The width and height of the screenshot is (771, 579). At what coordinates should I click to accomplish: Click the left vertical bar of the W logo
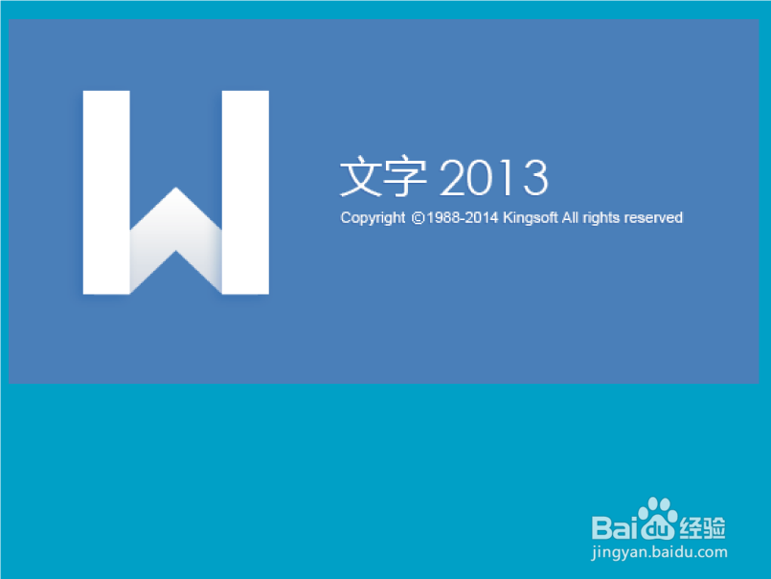point(106,191)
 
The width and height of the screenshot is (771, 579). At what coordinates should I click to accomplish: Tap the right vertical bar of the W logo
point(245,191)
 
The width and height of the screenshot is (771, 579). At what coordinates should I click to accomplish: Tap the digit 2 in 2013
point(454,178)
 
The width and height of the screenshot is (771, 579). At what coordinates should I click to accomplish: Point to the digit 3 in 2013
point(533,178)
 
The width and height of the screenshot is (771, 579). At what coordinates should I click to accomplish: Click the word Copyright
point(373,218)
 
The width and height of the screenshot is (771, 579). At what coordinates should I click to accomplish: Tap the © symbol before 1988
point(417,218)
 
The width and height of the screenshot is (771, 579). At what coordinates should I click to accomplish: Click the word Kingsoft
point(530,218)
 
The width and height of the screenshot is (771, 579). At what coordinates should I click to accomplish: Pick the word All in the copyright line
point(571,218)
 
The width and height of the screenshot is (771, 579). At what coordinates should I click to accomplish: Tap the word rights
point(601,218)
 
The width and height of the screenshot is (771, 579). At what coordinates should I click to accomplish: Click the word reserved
point(653,218)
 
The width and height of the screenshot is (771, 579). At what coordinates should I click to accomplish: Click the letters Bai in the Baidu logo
point(615,525)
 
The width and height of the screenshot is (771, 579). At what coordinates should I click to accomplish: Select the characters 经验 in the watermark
point(703,526)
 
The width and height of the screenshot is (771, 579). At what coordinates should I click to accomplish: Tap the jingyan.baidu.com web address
point(660,552)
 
